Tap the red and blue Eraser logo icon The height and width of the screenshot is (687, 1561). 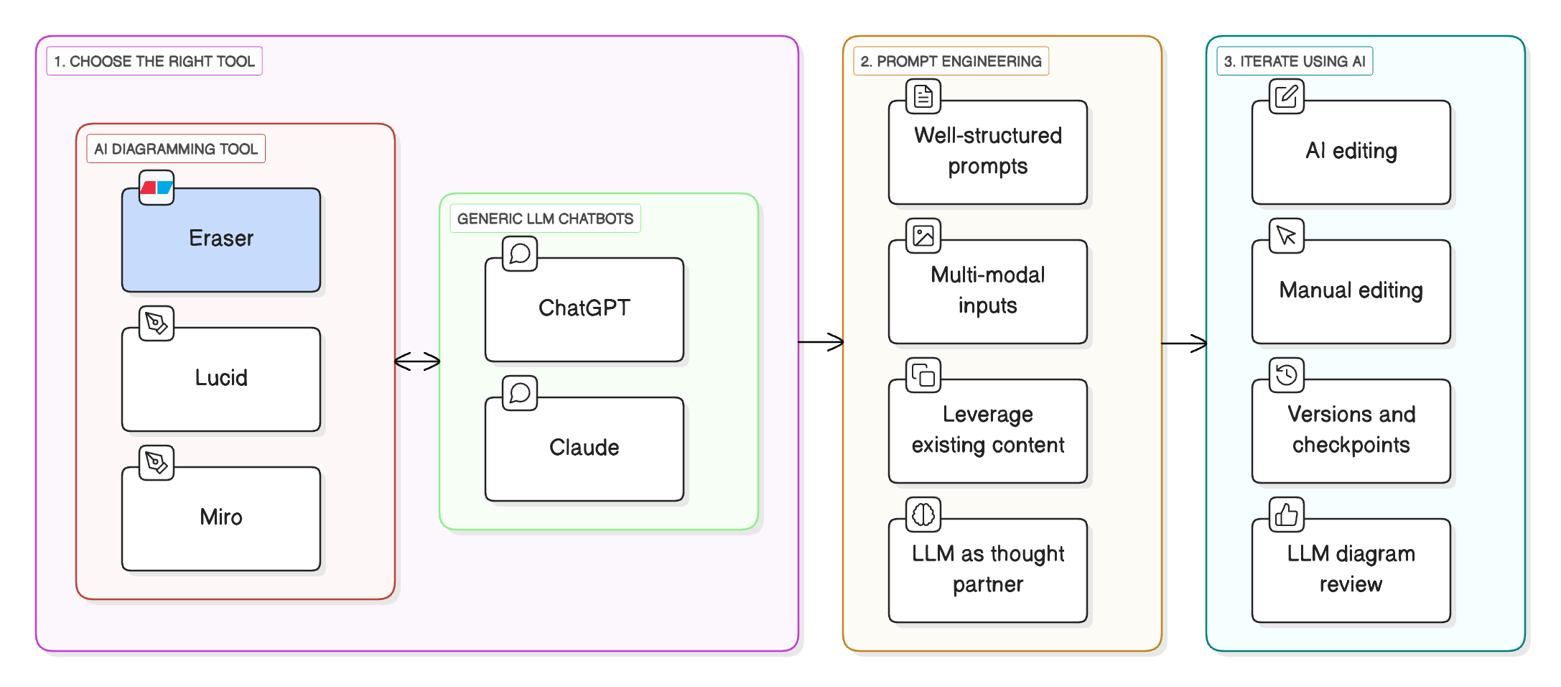tap(157, 188)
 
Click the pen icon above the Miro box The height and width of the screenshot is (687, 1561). tap(157, 463)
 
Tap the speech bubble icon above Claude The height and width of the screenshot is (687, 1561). tap(520, 393)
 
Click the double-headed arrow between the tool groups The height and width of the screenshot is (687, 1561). tap(417, 361)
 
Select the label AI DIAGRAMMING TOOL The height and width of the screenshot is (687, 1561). tap(176, 149)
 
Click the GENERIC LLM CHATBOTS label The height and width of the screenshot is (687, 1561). tap(545, 218)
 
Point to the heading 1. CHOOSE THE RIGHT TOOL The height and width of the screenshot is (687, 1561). tap(154, 61)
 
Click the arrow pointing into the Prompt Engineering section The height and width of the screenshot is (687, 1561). tap(821, 342)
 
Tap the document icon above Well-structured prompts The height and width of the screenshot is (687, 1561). tap(923, 96)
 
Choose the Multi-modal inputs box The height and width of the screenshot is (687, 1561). tap(987, 292)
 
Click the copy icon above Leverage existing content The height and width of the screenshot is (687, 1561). tap(923, 375)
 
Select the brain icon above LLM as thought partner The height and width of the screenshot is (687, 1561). tap(923, 515)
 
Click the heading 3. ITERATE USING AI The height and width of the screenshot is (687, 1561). tap(1294, 61)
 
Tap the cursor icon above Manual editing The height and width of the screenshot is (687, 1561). tap(1286, 236)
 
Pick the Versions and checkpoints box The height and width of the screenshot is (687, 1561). tap(1351, 430)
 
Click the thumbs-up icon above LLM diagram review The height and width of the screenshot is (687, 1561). tap(1286, 515)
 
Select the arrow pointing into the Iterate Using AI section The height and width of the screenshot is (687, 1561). tap(1185, 343)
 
